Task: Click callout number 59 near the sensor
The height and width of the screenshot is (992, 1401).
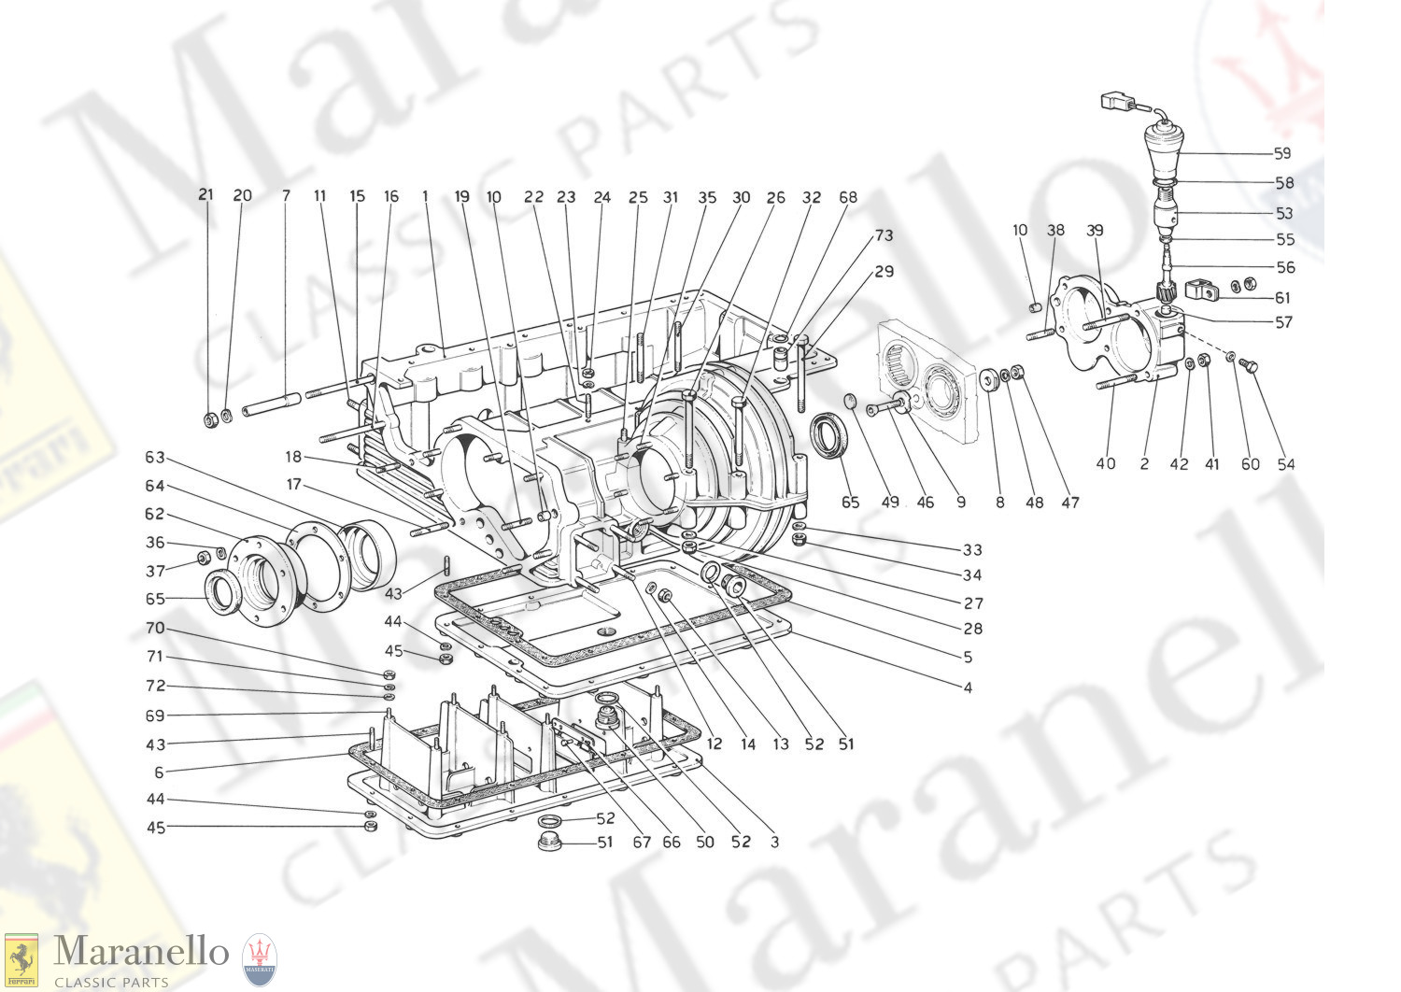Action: click(1282, 153)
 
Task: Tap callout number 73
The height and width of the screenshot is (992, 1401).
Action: click(884, 235)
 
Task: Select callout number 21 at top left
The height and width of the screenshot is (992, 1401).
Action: click(205, 195)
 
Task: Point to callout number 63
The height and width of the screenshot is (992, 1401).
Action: click(155, 457)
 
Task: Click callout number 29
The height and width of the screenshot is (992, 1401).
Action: click(884, 272)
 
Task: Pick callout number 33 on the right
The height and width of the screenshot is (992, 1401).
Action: click(972, 550)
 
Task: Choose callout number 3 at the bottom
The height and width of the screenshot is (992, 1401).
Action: click(775, 842)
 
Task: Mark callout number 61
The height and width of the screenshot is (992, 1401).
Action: click(1282, 297)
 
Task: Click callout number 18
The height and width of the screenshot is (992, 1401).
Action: click(293, 457)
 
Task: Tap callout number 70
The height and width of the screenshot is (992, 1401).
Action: click(155, 628)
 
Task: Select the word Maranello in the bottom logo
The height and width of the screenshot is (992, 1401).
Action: click(141, 951)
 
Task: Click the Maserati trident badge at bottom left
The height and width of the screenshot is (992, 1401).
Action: click(259, 960)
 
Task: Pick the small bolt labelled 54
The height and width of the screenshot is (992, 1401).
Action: click(1248, 366)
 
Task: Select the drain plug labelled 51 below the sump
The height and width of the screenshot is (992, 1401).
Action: click(548, 843)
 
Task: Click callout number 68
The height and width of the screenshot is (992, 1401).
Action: click(848, 197)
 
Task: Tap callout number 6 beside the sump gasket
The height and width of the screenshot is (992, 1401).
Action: click(159, 772)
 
